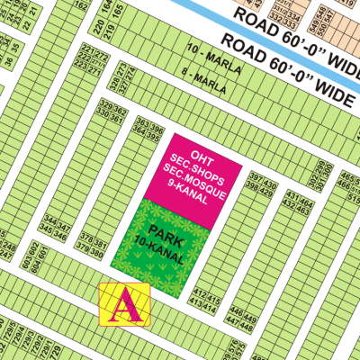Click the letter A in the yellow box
pyautogui.click(x=125, y=306)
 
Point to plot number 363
pyautogui.click(x=140, y=121)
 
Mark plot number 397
pyautogui.click(x=254, y=175)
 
